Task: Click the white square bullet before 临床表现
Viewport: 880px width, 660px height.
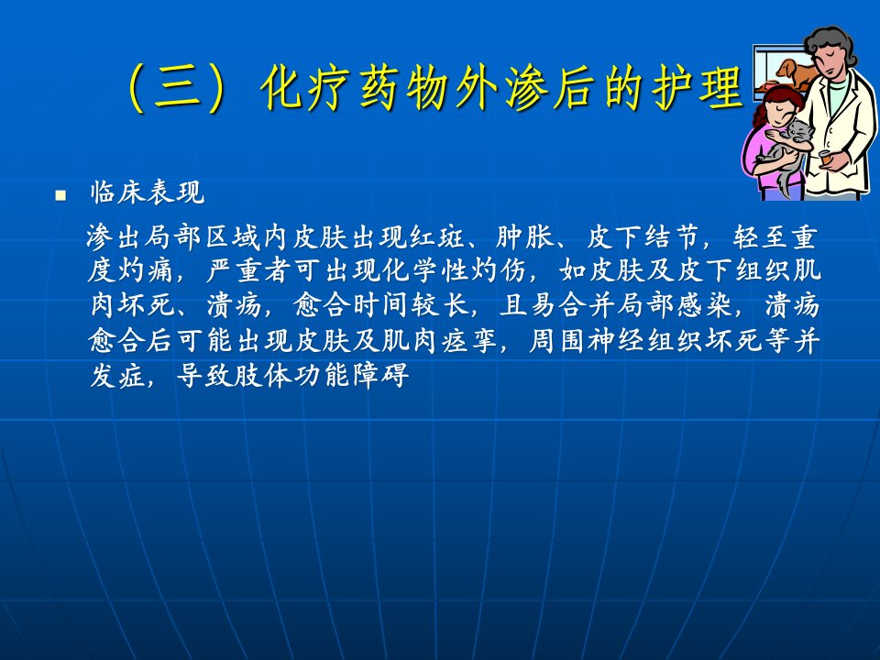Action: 60,196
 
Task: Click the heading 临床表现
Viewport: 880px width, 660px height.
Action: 147,192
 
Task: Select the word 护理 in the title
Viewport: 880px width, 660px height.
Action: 697,88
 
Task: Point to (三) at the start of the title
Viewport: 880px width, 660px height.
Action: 178,88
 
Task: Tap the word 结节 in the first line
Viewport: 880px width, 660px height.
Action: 671,237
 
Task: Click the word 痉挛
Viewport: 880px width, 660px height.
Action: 470,341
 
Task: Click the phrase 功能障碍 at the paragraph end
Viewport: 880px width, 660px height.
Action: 352,376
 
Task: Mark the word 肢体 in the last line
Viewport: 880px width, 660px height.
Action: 263,376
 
